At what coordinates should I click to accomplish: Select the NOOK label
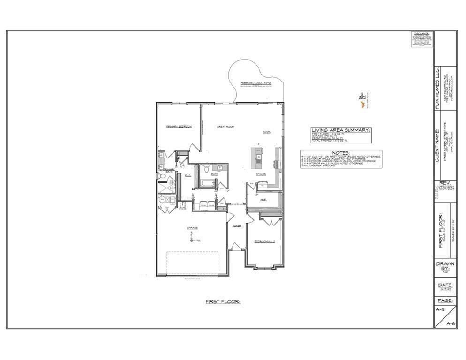267,132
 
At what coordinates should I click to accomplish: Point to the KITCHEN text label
261,173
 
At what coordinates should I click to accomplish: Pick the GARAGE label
192,228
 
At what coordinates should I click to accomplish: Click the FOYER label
237,225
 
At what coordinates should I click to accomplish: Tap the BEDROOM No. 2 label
264,241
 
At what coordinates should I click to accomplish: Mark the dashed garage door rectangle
192,263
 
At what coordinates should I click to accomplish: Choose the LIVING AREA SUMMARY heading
341,130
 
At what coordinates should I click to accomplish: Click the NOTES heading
341,153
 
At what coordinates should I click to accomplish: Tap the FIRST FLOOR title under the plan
223,302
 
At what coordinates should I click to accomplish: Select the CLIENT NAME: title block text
438,143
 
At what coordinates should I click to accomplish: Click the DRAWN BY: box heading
445,266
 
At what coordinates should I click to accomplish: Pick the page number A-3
440,310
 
